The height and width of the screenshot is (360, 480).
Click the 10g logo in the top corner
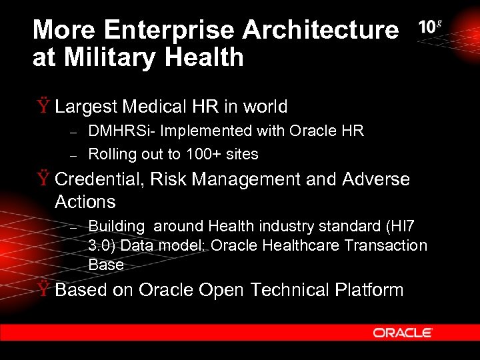pos(430,27)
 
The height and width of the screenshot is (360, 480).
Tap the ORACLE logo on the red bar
pos(403,333)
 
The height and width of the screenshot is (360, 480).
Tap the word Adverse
pos(375,179)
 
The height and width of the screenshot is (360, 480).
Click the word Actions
pos(85,202)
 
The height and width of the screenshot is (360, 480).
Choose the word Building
pos(115,227)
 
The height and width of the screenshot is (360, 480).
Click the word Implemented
pos(207,131)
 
